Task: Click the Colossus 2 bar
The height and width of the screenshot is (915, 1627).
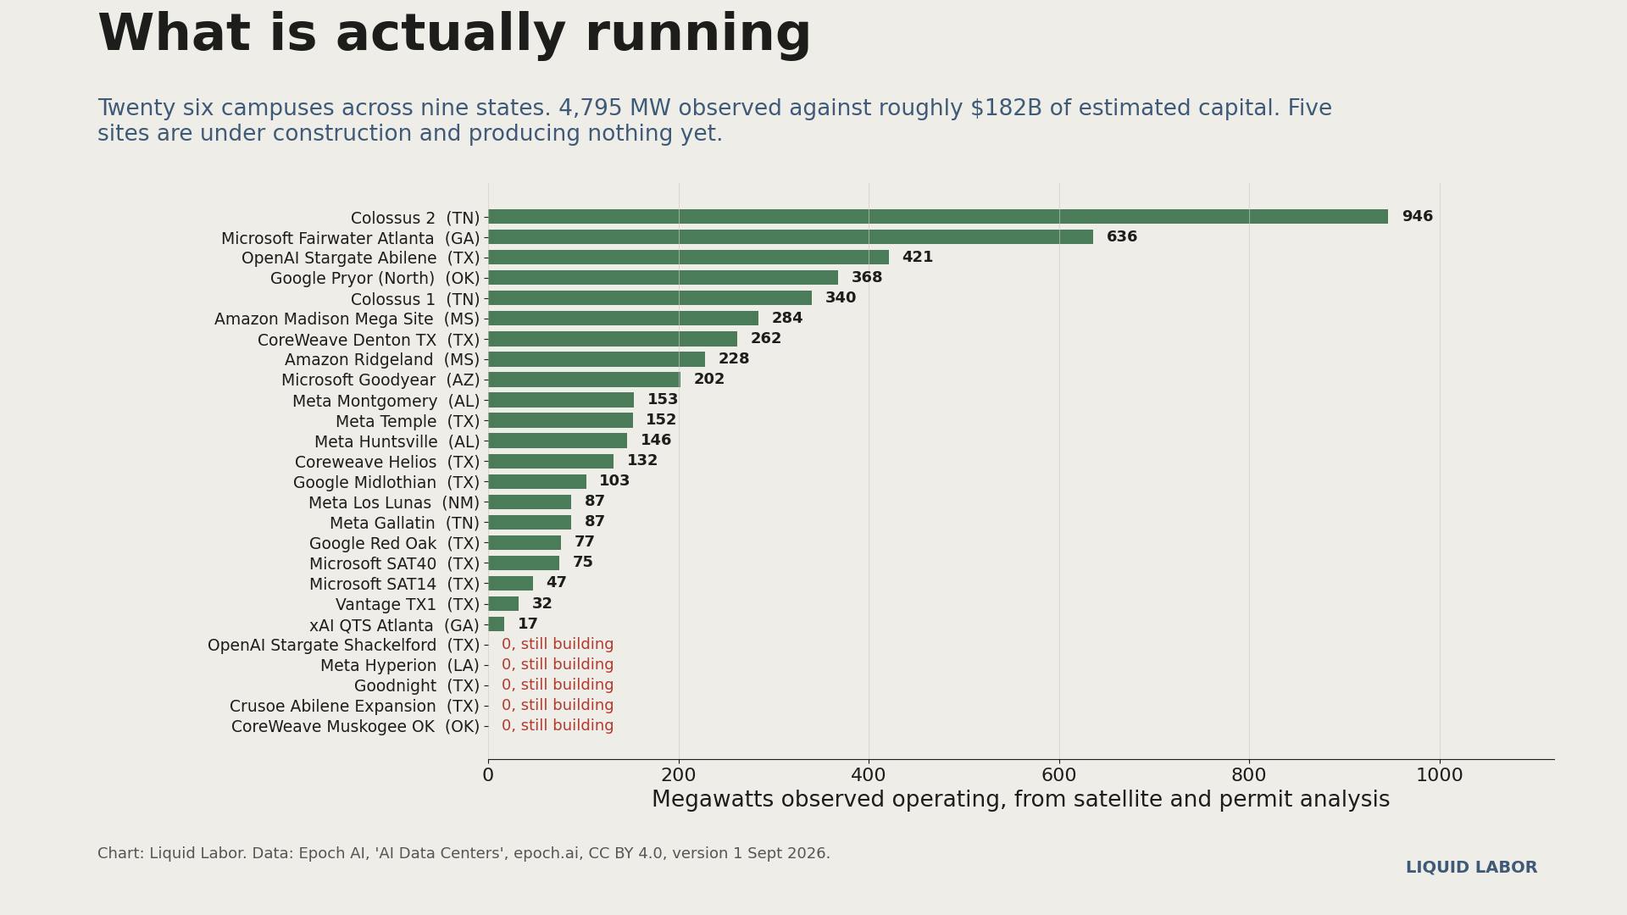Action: [938, 217]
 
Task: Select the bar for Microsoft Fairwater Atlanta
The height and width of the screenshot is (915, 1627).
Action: [791, 237]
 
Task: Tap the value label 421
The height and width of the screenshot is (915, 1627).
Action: [917, 258]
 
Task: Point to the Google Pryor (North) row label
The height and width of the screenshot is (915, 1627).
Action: [375, 279]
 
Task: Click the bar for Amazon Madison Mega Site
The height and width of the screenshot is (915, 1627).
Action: [623, 319]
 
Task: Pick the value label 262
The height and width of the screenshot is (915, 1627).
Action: [766, 339]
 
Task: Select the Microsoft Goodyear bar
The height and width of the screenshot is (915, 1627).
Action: [584, 380]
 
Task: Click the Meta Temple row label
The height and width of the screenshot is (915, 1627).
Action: [408, 421]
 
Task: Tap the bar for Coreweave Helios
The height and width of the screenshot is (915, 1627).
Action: [551, 461]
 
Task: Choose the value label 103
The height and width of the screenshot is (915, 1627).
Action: [614, 481]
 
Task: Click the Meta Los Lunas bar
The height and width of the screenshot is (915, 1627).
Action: [530, 502]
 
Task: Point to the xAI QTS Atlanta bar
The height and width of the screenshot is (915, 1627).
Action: [496, 624]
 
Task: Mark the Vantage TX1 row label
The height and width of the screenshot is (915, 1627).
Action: [408, 605]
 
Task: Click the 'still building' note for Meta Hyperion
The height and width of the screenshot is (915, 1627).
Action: [558, 665]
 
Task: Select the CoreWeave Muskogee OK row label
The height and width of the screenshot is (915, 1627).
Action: [356, 727]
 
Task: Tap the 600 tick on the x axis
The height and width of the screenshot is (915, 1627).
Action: [1059, 775]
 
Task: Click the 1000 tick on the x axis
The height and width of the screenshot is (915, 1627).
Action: [1440, 775]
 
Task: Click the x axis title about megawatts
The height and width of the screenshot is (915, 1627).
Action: [1021, 801]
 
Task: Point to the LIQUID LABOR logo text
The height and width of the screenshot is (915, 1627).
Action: [1471, 868]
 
